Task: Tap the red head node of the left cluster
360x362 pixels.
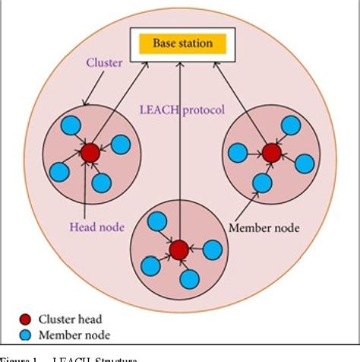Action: [x=90, y=152]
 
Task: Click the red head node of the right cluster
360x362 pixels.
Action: [x=270, y=152]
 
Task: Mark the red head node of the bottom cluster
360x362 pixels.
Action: [x=179, y=249]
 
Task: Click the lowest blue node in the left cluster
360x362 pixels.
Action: [x=101, y=183]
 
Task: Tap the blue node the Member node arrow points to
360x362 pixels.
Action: [x=261, y=183]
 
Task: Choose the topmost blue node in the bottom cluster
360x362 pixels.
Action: [x=156, y=222]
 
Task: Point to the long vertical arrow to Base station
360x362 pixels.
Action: [x=179, y=152]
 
